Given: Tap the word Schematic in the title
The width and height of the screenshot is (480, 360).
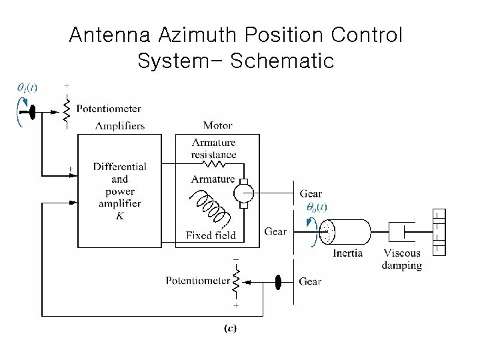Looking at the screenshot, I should (x=283, y=61).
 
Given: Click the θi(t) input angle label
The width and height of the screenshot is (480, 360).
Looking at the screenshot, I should (x=27, y=87).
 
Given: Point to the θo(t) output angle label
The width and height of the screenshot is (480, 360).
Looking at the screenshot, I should (x=316, y=207).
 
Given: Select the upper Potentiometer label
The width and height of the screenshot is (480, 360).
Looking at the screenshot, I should (x=109, y=109).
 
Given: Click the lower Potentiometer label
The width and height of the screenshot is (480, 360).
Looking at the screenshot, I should (x=197, y=281).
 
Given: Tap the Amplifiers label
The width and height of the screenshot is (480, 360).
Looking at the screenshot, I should (x=120, y=126).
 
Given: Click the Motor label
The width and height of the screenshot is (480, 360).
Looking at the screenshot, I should (x=217, y=126).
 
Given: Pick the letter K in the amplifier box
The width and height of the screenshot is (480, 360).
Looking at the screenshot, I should (x=119, y=216).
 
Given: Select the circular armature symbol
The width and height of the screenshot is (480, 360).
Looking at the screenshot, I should (x=242, y=194).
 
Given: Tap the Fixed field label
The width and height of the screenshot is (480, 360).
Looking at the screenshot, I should (x=211, y=235).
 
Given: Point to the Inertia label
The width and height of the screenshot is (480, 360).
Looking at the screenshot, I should (x=348, y=253).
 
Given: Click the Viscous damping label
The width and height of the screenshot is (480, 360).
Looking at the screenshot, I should (x=402, y=259).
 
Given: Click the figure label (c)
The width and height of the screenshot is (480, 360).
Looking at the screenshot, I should (x=231, y=327).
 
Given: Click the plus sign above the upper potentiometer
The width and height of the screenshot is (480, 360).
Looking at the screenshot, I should (x=66, y=86).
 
